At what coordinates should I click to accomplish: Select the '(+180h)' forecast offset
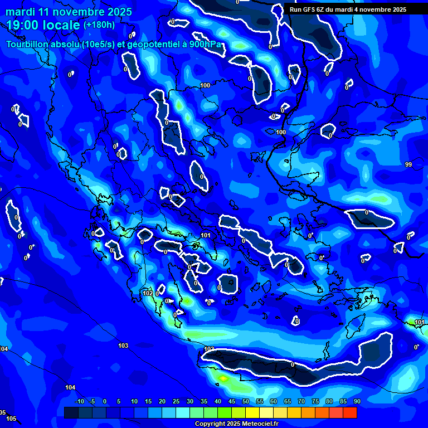[99, 25]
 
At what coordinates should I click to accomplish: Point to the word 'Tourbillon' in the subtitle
[28, 44]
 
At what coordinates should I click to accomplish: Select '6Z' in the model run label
[320, 9]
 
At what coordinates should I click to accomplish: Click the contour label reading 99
[408, 164]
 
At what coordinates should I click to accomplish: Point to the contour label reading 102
[148, 293]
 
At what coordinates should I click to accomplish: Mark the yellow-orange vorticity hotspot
[223, 378]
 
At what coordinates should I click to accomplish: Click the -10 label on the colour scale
[79, 401]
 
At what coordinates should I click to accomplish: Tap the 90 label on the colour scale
[357, 401]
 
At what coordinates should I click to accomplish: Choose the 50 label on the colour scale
[246, 401]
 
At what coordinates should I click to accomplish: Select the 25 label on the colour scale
[176, 401]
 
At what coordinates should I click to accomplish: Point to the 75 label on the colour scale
[315, 401]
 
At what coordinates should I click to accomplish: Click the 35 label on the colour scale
[204, 401]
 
